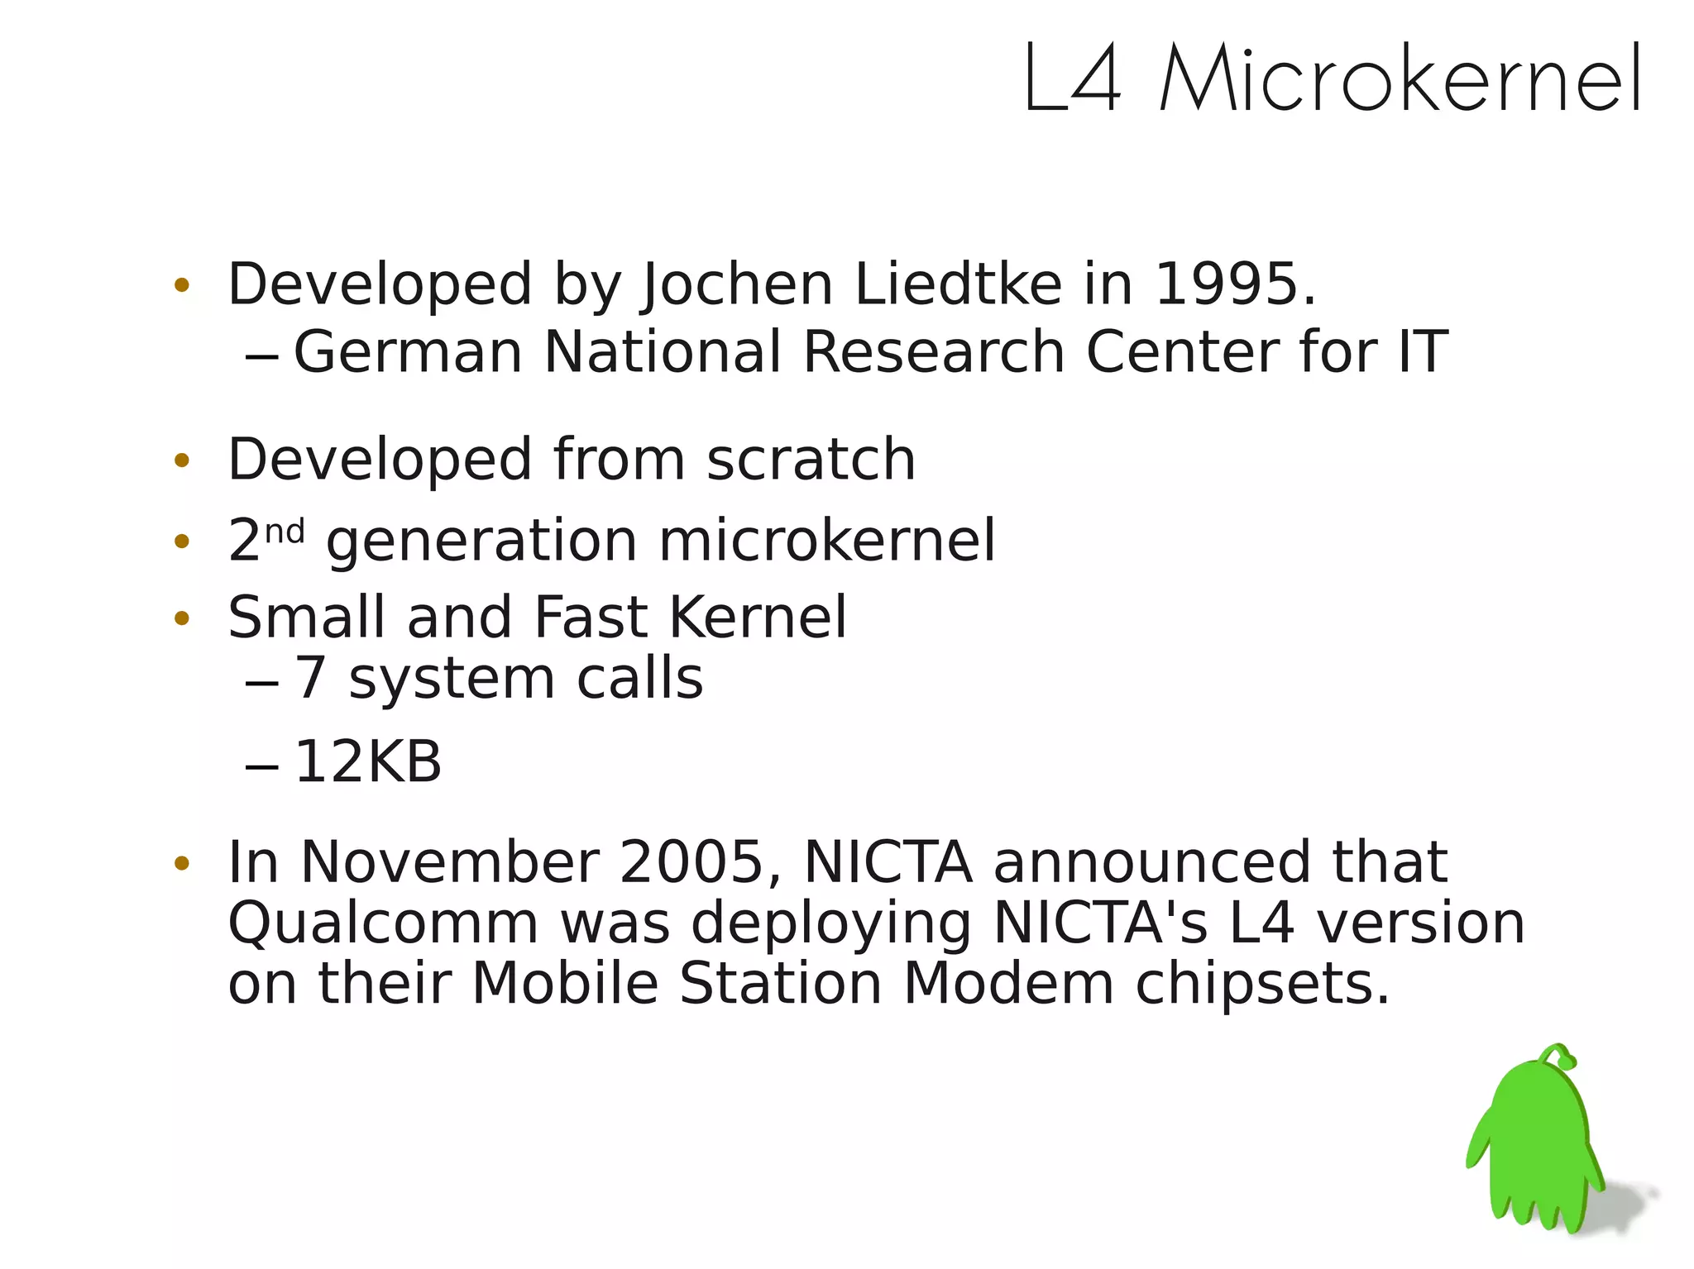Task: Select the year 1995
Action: point(1225,285)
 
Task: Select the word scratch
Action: point(811,460)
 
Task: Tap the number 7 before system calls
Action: point(309,680)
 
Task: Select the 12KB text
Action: point(368,762)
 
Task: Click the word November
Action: point(449,862)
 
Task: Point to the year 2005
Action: point(691,862)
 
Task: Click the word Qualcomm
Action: point(383,923)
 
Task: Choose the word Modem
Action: point(1008,985)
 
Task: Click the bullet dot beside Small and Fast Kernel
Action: point(182,618)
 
